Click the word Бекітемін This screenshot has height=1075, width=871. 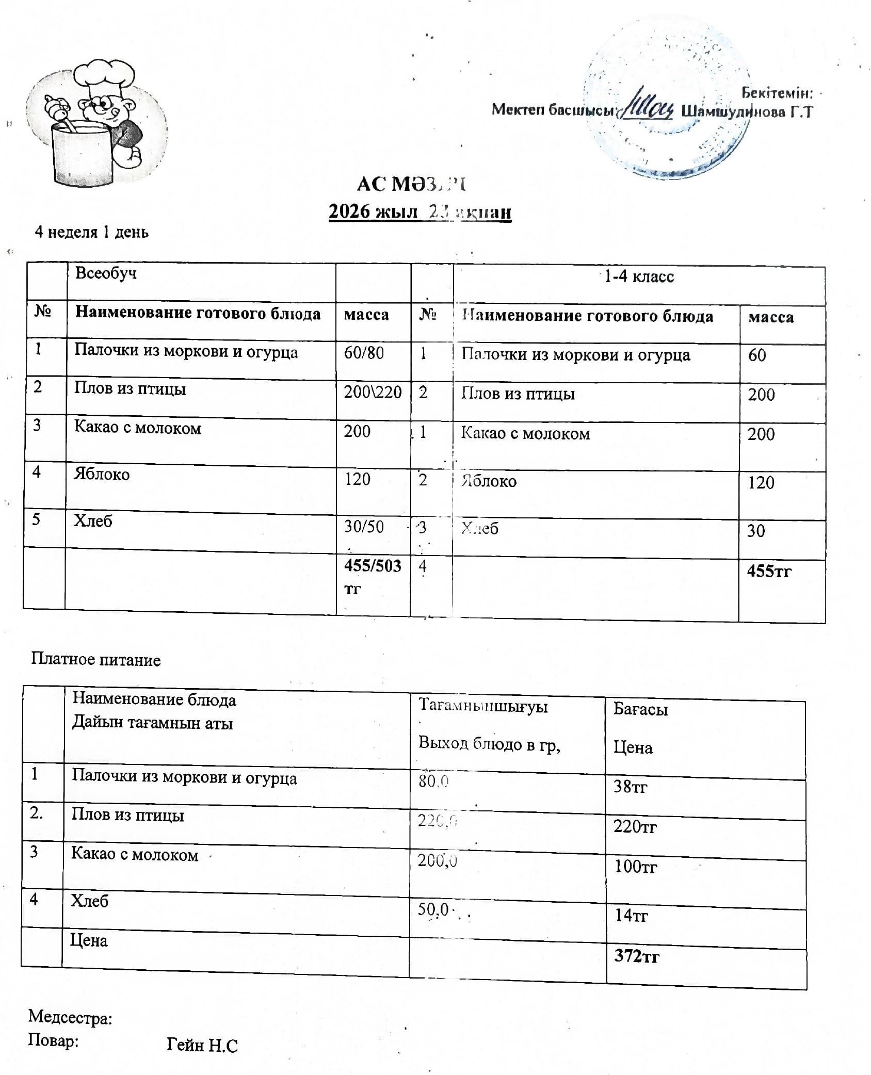pyautogui.click(x=777, y=93)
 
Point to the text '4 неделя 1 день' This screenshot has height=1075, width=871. pyautogui.click(x=91, y=232)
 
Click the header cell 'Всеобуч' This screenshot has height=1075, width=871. pyautogui.click(x=106, y=273)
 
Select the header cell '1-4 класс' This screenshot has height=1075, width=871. pyautogui.click(x=639, y=277)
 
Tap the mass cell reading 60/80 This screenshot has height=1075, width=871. pyautogui.click(x=364, y=353)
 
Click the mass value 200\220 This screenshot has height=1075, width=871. pyautogui.click(x=373, y=392)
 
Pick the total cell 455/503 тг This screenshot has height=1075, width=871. pyautogui.click(x=372, y=575)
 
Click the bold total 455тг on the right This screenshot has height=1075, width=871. pyautogui.click(x=769, y=571)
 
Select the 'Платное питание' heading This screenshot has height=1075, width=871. pyautogui.click(x=96, y=659)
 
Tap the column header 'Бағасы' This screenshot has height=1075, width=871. pyautogui.click(x=640, y=710)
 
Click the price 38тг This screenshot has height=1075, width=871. pyautogui.click(x=630, y=786)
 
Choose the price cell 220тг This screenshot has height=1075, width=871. pyautogui.click(x=635, y=827)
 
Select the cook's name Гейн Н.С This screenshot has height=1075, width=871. pyautogui.click(x=202, y=1045)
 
